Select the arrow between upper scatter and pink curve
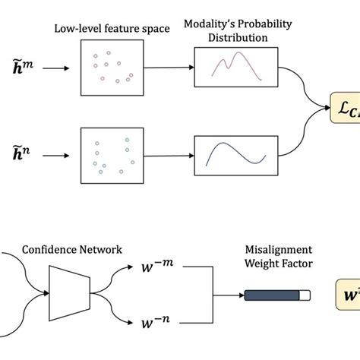(x=168, y=67)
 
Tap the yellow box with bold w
(x=348, y=291)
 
